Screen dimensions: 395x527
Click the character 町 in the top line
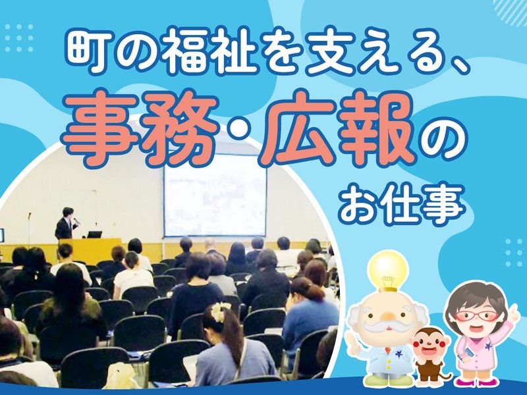pyautogui.click(x=84, y=48)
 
